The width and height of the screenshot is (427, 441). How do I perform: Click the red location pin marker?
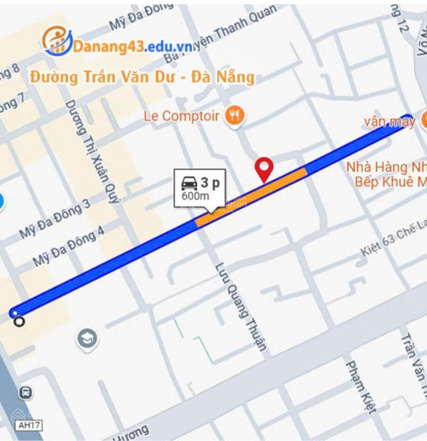click(264, 168)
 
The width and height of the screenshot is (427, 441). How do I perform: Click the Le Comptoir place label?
click(181, 116)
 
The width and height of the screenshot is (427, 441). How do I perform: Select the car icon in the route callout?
click(189, 183)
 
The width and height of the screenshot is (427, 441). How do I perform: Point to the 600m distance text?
click(195, 196)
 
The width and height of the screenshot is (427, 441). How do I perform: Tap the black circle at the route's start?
click(19, 322)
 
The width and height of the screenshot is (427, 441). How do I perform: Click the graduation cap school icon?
click(87, 339)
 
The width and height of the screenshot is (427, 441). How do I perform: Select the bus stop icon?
click(25, 393)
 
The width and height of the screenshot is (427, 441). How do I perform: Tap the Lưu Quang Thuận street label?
click(240, 306)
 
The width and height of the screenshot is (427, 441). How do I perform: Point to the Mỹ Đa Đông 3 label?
click(55, 220)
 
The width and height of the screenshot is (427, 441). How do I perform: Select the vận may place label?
click(389, 121)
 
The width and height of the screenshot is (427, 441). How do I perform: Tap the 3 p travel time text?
click(211, 183)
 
